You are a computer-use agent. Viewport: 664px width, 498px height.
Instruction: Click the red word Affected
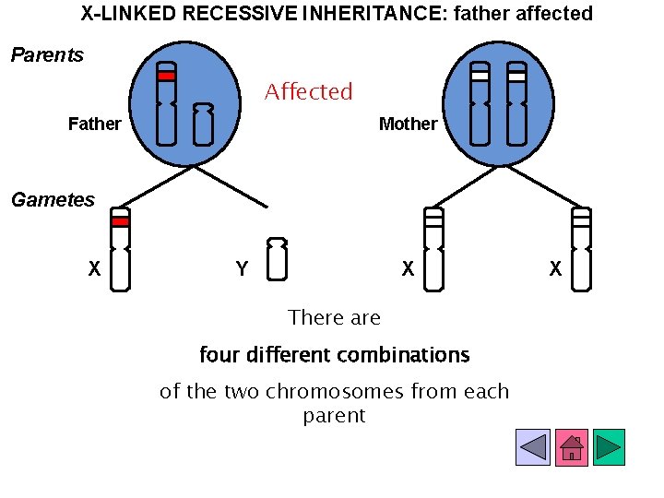click(308, 92)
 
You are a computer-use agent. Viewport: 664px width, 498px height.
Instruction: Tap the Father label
click(94, 124)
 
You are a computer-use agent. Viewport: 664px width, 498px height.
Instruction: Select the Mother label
click(408, 124)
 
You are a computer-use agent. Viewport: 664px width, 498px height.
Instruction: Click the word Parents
click(47, 55)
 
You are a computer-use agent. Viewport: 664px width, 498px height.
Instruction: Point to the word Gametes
click(53, 200)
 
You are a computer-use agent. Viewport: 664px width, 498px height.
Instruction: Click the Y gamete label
click(242, 269)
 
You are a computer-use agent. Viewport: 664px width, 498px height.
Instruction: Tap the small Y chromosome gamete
click(277, 259)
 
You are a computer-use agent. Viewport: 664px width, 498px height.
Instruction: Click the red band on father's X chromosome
click(166, 77)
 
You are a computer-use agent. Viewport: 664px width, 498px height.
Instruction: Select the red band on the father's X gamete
click(120, 221)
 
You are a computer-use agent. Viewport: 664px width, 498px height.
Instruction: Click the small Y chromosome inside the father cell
click(203, 125)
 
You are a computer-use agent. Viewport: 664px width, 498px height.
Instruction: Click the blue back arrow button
click(533, 447)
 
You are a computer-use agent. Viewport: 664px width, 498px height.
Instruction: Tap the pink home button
click(571, 447)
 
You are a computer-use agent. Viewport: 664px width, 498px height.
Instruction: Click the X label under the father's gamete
click(94, 269)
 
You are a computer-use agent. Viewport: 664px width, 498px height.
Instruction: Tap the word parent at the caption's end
click(334, 416)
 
